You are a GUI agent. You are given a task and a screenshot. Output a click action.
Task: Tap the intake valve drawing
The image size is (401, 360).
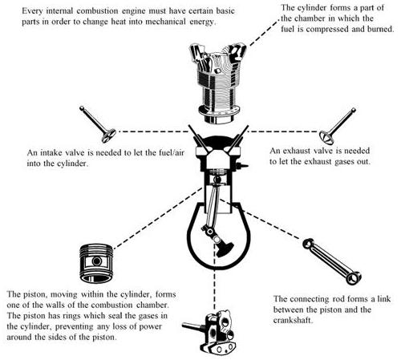[98, 124]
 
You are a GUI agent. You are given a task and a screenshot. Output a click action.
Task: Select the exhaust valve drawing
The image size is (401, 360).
[338, 126]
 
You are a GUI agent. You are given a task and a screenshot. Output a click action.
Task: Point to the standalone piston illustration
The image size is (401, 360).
[96, 263]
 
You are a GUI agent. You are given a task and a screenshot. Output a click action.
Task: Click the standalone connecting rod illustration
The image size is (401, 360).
[332, 261]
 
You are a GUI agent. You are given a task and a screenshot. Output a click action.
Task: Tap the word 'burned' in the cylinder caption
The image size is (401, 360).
[381, 29]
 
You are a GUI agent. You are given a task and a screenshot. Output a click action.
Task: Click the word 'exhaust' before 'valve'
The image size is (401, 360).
[297, 151]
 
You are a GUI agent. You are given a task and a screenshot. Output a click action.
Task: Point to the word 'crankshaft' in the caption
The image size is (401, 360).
[293, 320]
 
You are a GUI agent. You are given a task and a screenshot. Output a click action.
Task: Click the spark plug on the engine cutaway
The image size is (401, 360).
[242, 166]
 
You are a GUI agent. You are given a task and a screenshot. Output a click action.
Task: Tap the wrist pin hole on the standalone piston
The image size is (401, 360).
[97, 261]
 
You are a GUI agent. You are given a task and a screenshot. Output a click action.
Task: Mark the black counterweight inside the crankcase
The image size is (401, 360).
[224, 249]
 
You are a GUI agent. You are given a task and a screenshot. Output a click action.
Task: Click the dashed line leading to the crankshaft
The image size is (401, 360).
[214, 277]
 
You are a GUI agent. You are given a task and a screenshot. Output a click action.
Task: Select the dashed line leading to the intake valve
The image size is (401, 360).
[153, 131]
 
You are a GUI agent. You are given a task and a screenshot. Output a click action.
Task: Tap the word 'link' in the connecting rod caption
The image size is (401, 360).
[384, 299]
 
